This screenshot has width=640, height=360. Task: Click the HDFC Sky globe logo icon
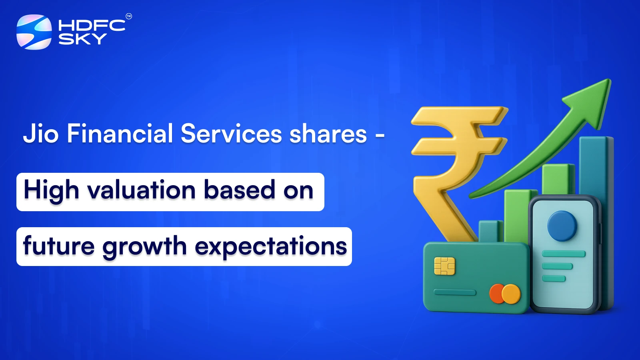pos(34,32)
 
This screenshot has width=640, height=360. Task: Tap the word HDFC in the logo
pos(92,26)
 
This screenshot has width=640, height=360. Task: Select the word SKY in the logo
pos(82,39)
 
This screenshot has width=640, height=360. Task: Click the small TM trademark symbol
pos(129,16)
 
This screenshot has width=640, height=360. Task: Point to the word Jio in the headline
pos(41,134)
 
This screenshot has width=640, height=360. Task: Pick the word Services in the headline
pos(231,134)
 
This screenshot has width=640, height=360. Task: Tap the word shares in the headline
pos(328,134)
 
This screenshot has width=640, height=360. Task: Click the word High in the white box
pos(51,190)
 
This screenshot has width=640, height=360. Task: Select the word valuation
pos(142,190)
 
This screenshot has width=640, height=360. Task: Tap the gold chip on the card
pos(444,266)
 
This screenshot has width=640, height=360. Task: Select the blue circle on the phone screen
pos(562,226)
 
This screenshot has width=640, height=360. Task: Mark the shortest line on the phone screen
pos(554,278)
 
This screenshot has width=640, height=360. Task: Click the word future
pos(59,246)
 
